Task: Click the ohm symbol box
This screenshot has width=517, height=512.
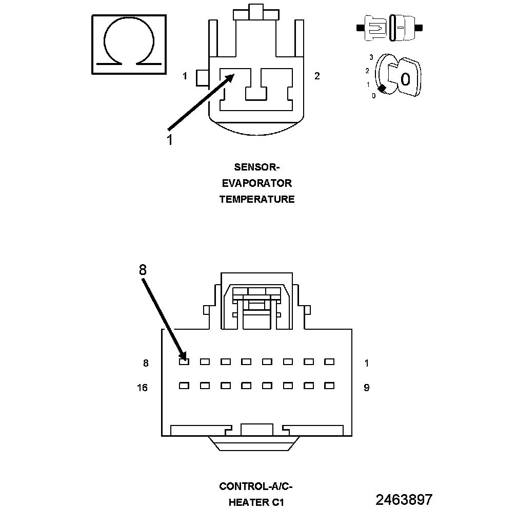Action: click(129, 45)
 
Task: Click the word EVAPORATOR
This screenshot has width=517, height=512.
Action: click(257, 183)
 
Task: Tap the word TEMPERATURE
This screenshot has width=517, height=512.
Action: click(257, 199)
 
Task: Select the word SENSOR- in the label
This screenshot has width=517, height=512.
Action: click(257, 167)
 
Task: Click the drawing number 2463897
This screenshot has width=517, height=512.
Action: click(404, 500)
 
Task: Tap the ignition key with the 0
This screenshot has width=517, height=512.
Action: click(402, 77)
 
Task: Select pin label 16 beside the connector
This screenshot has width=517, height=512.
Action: click(142, 388)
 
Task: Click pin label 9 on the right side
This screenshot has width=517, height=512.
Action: click(366, 388)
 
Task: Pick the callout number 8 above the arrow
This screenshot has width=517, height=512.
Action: click(143, 270)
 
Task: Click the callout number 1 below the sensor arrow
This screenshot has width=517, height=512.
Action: click(169, 139)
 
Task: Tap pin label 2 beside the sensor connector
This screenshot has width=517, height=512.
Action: click(317, 76)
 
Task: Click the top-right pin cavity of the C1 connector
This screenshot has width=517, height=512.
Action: click(329, 361)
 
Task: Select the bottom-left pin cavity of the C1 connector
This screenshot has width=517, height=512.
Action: click(184, 386)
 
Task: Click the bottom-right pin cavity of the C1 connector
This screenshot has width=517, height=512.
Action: click(329, 386)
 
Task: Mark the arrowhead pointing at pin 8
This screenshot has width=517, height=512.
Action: click(182, 355)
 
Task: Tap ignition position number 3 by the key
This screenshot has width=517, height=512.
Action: click(371, 57)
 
